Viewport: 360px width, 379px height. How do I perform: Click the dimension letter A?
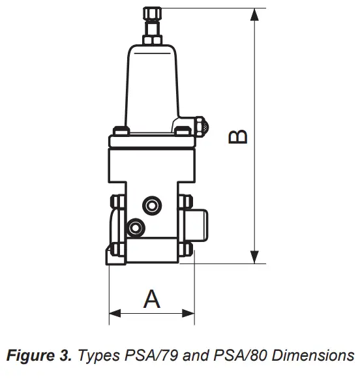click(x=151, y=299)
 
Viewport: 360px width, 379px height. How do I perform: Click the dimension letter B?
click(x=239, y=136)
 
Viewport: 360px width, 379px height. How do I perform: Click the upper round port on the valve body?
click(x=153, y=206)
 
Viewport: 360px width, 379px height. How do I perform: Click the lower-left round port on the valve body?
click(x=135, y=227)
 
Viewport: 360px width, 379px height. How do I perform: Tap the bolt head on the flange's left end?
click(x=117, y=130)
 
